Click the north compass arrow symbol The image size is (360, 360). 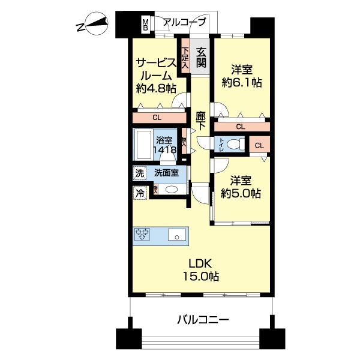click(x=92, y=26)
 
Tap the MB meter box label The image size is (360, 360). click(x=145, y=25)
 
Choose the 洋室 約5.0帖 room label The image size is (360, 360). click(x=239, y=185)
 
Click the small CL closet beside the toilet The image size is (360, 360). click(x=259, y=145)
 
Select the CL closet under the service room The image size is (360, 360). click(x=157, y=118)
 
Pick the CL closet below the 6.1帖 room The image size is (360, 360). click(x=240, y=127)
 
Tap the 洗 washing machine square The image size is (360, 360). click(x=139, y=173)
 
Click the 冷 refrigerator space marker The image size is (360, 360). click(x=139, y=193)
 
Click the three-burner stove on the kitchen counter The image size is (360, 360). click(x=144, y=235)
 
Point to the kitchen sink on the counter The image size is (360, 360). click(x=178, y=235)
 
